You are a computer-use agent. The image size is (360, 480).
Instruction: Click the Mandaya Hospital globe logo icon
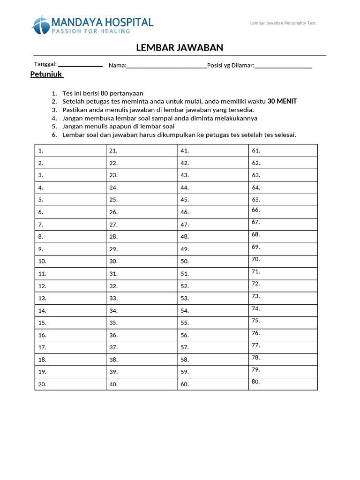tap(41, 25)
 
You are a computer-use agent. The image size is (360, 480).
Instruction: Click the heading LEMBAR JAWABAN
tap(180, 47)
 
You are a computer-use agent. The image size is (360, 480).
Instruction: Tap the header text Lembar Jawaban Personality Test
tap(283, 23)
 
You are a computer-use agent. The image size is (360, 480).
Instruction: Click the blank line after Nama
tap(166, 66)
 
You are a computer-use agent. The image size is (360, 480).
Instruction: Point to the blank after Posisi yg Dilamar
tap(283, 66)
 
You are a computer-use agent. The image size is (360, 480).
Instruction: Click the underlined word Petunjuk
tap(46, 75)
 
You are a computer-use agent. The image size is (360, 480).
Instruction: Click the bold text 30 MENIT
tap(282, 101)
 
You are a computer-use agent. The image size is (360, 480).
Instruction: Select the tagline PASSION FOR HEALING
tap(90, 31)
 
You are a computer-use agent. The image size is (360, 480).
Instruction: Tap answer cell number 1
tap(70, 150)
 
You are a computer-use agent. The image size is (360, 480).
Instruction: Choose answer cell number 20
tap(70, 384)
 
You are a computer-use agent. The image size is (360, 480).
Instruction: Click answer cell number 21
tap(142, 150)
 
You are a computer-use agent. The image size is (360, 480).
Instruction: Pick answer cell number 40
tap(142, 384)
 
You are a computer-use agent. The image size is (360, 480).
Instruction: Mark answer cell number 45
tap(212, 200)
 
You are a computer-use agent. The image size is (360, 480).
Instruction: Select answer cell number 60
tap(212, 384)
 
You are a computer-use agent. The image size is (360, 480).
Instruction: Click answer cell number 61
tap(283, 150)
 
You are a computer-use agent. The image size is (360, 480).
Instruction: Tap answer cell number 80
tap(283, 384)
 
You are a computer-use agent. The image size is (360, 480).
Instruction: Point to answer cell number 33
tap(142, 298)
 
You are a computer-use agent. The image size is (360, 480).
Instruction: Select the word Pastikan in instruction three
tap(74, 110)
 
